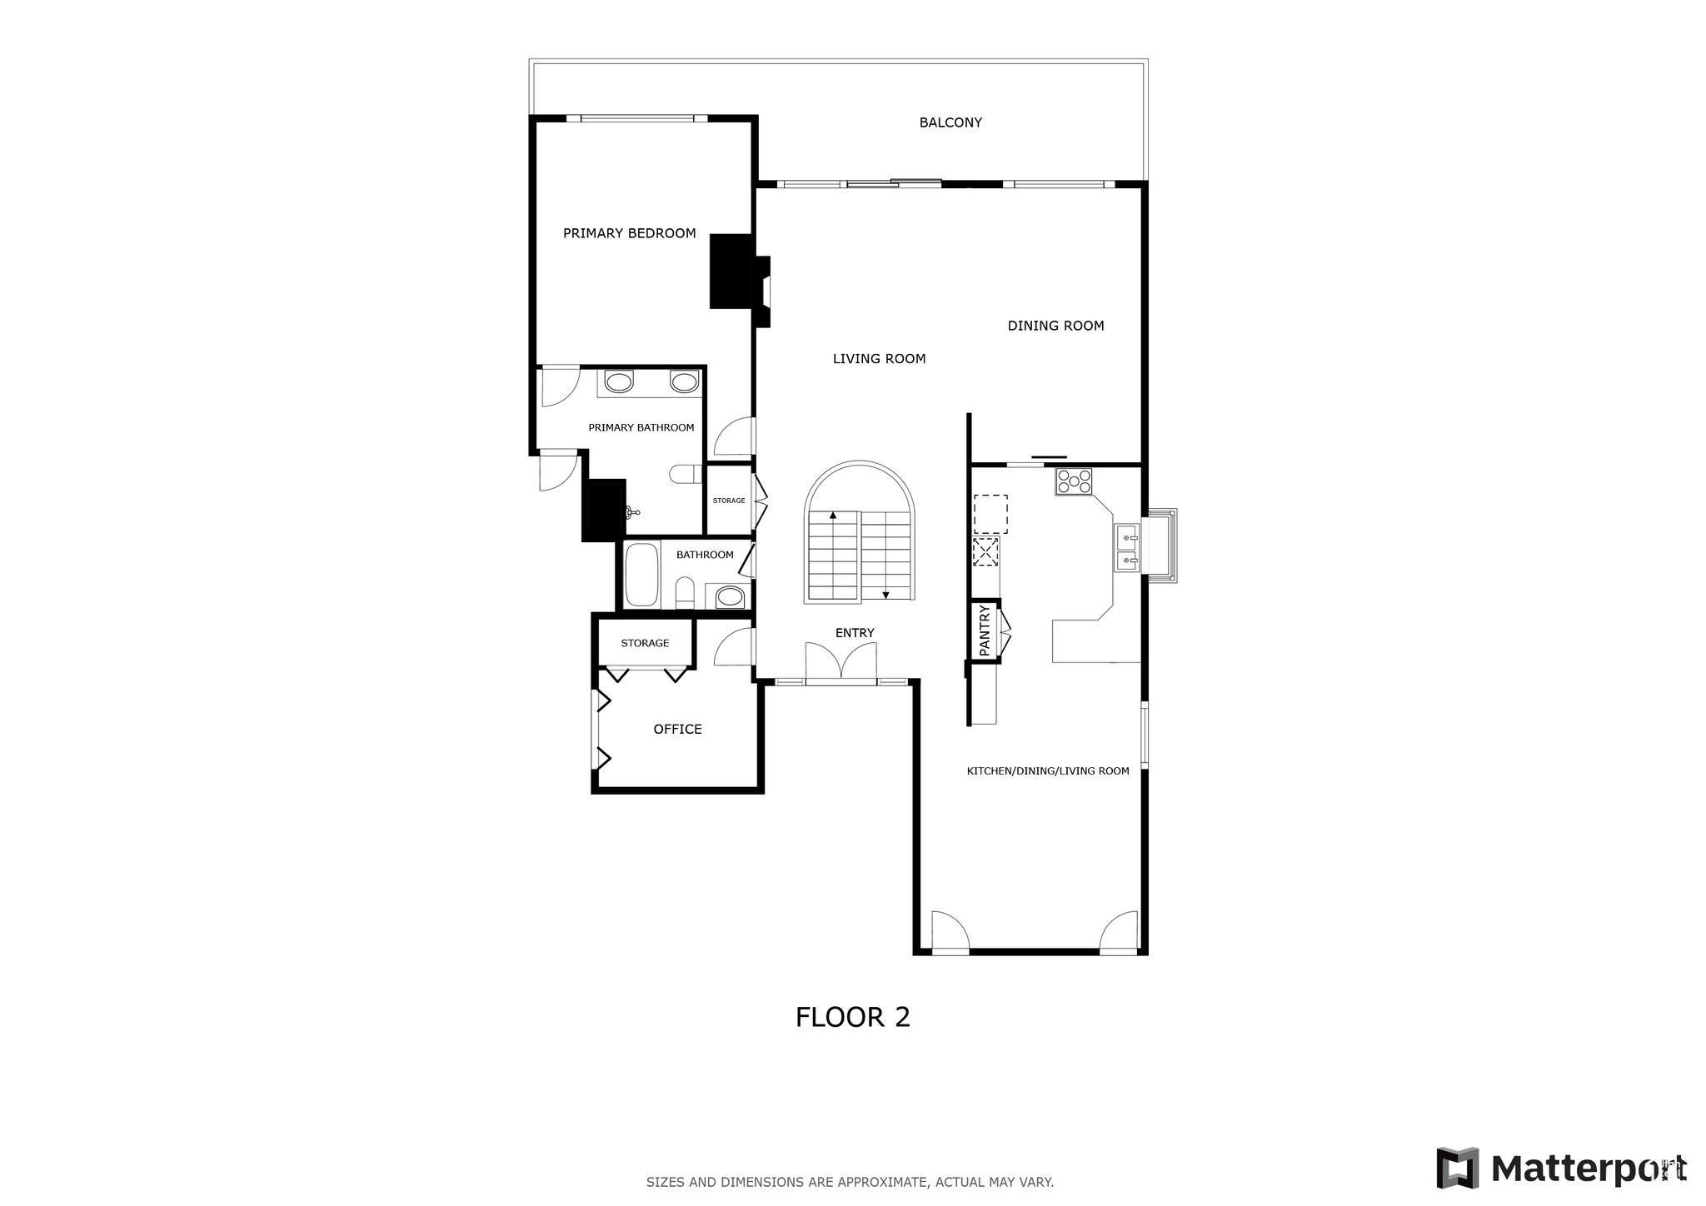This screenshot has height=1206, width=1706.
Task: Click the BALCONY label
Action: (x=950, y=122)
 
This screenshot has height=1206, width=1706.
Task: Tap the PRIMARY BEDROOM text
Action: (x=629, y=233)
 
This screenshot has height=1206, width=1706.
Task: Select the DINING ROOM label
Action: (x=1055, y=326)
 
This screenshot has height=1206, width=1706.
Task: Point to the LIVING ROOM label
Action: (x=879, y=359)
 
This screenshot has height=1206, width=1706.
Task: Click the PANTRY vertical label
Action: (x=985, y=631)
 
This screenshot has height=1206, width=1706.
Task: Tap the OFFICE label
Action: (x=677, y=730)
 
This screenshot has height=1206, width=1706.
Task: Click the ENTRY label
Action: (x=855, y=633)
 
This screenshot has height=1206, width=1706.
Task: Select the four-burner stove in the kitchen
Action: (x=1074, y=481)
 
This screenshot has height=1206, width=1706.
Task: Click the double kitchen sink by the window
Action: (x=1126, y=548)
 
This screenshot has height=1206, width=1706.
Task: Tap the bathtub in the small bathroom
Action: (x=641, y=575)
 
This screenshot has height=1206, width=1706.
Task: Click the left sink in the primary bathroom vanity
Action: (x=618, y=382)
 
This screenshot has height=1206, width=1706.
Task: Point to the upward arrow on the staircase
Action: (x=832, y=516)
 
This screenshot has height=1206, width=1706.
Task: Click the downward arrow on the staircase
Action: (x=885, y=594)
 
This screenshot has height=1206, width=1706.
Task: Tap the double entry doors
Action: (x=841, y=664)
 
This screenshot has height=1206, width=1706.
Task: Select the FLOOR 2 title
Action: (x=852, y=1017)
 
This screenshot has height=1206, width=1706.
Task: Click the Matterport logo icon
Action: (x=1457, y=1168)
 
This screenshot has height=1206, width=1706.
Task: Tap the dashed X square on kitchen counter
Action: (x=985, y=551)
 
